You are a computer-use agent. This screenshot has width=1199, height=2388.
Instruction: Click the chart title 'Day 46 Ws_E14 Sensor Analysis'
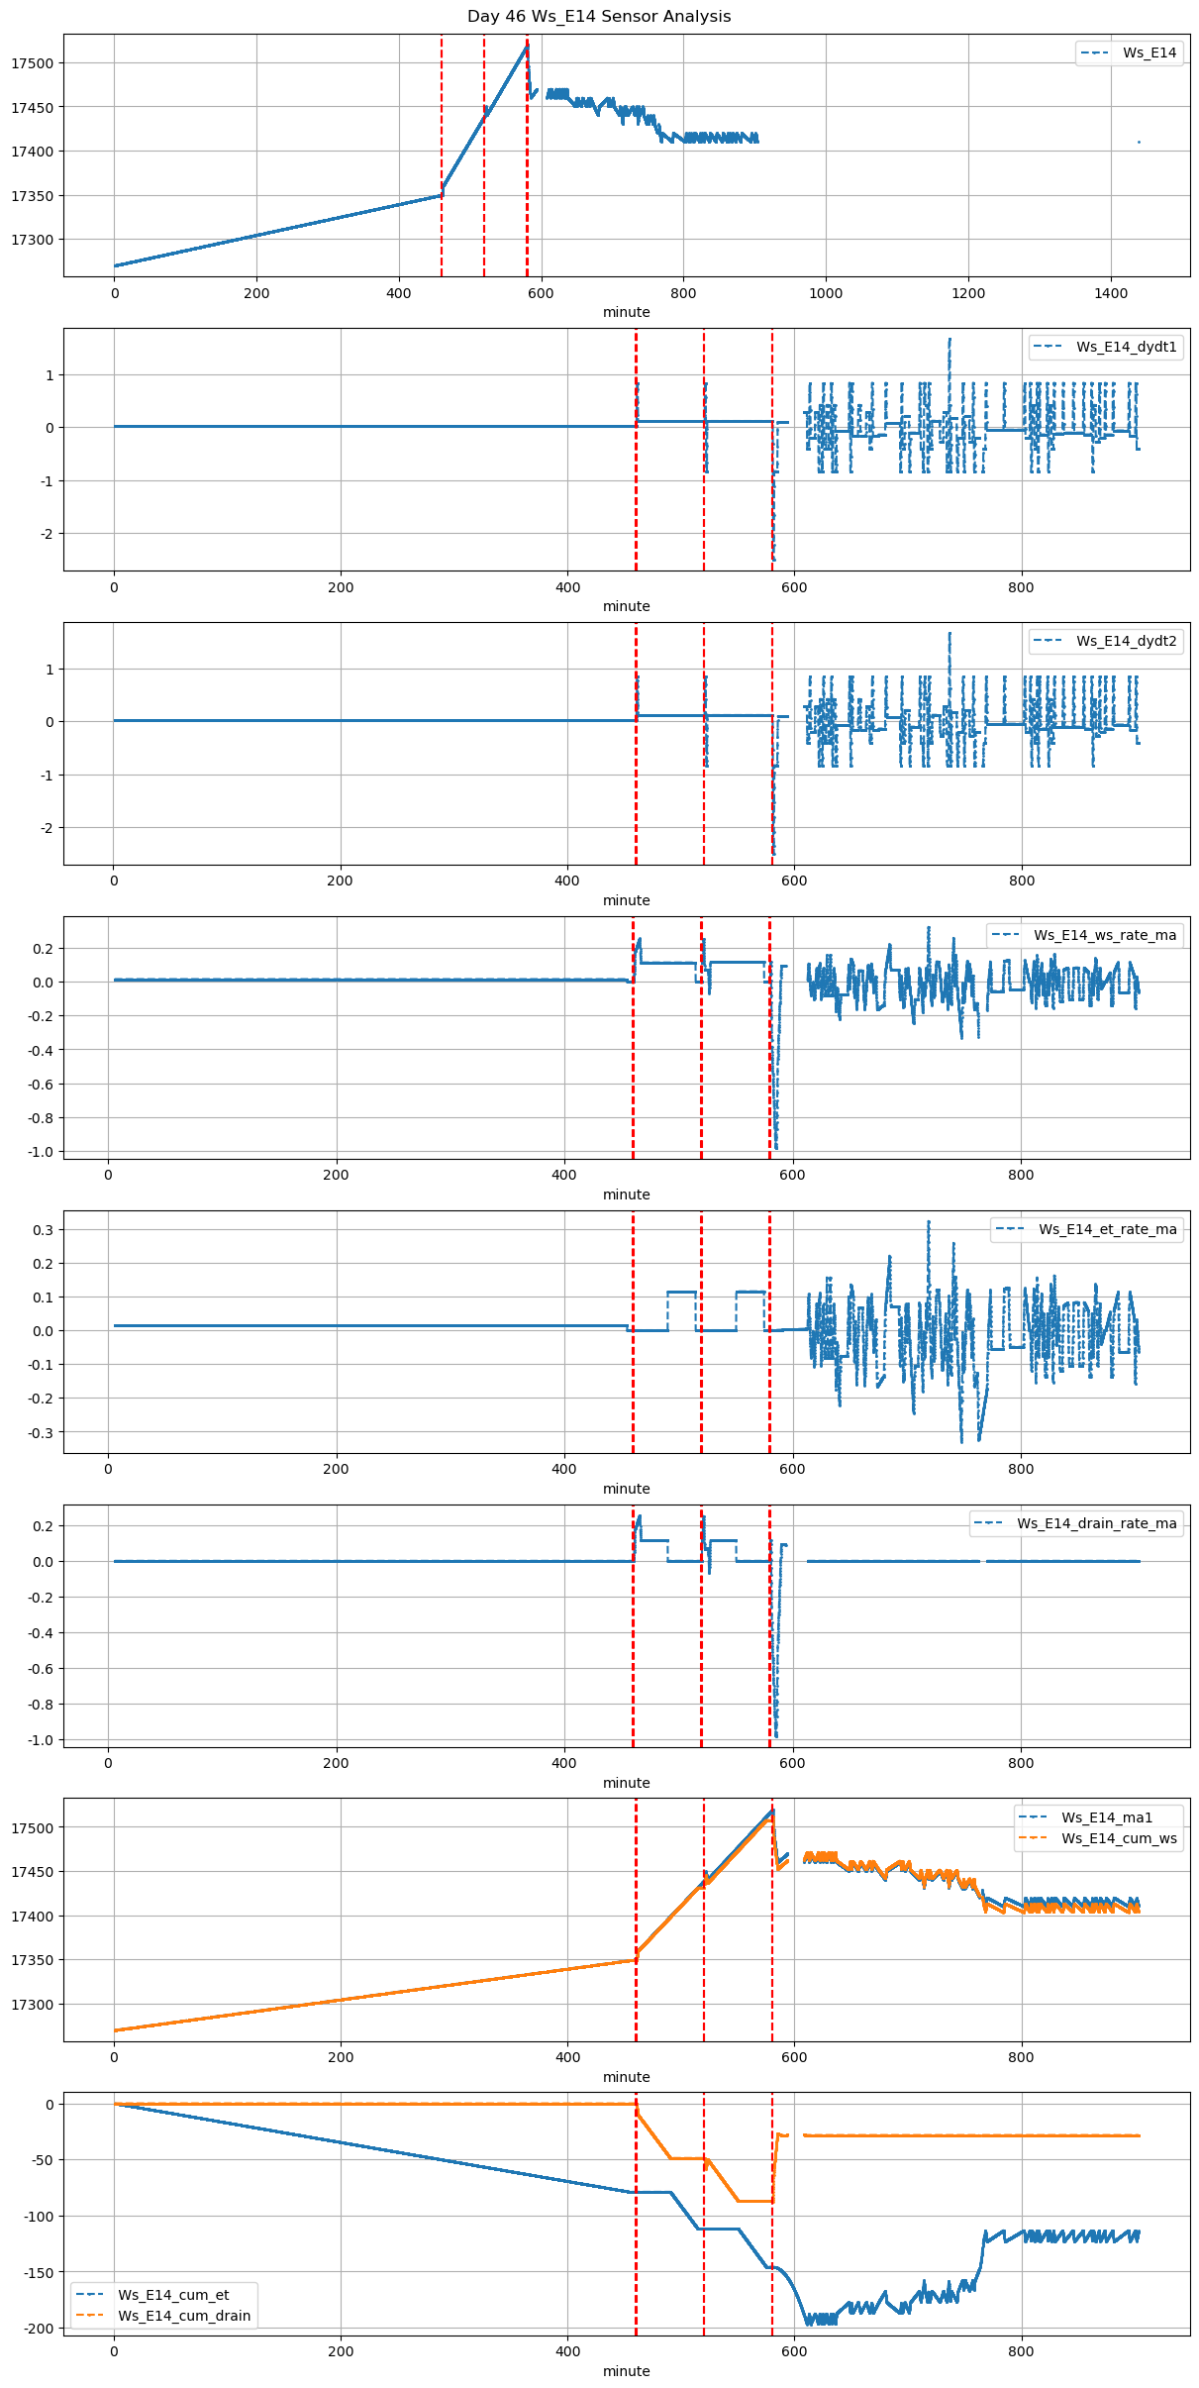tap(599, 17)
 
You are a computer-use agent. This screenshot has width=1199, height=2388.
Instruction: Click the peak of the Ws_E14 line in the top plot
tap(527, 44)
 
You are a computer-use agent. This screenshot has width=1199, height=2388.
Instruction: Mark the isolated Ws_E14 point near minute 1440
tap(1139, 143)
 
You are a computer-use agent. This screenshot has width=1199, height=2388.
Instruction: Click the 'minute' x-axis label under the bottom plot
tap(627, 2371)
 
